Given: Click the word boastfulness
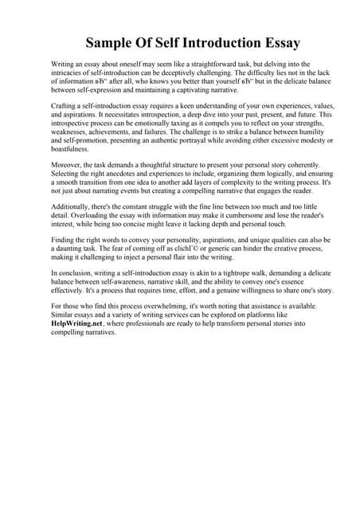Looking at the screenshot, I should tap(76, 149).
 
